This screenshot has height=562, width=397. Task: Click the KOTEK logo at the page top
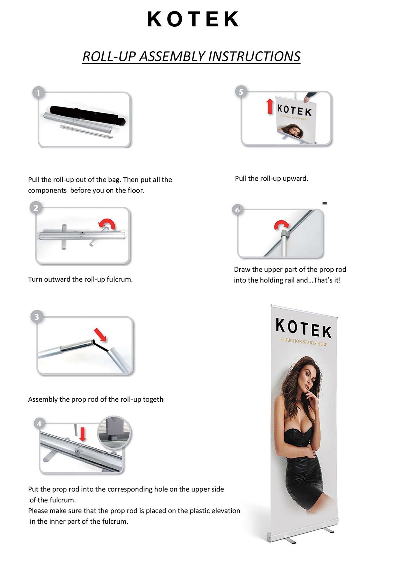click(193, 19)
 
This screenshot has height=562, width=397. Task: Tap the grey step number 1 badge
click(38, 93)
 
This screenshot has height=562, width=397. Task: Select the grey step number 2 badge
click(36, 208)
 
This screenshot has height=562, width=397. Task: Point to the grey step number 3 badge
click(37, 317)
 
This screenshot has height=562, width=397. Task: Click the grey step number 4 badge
click(39, 424)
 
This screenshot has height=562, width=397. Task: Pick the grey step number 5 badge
click(241, 92)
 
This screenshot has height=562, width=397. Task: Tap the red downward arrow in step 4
click(83, 435)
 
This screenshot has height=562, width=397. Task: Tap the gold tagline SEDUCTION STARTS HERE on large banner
click(304, 342)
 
